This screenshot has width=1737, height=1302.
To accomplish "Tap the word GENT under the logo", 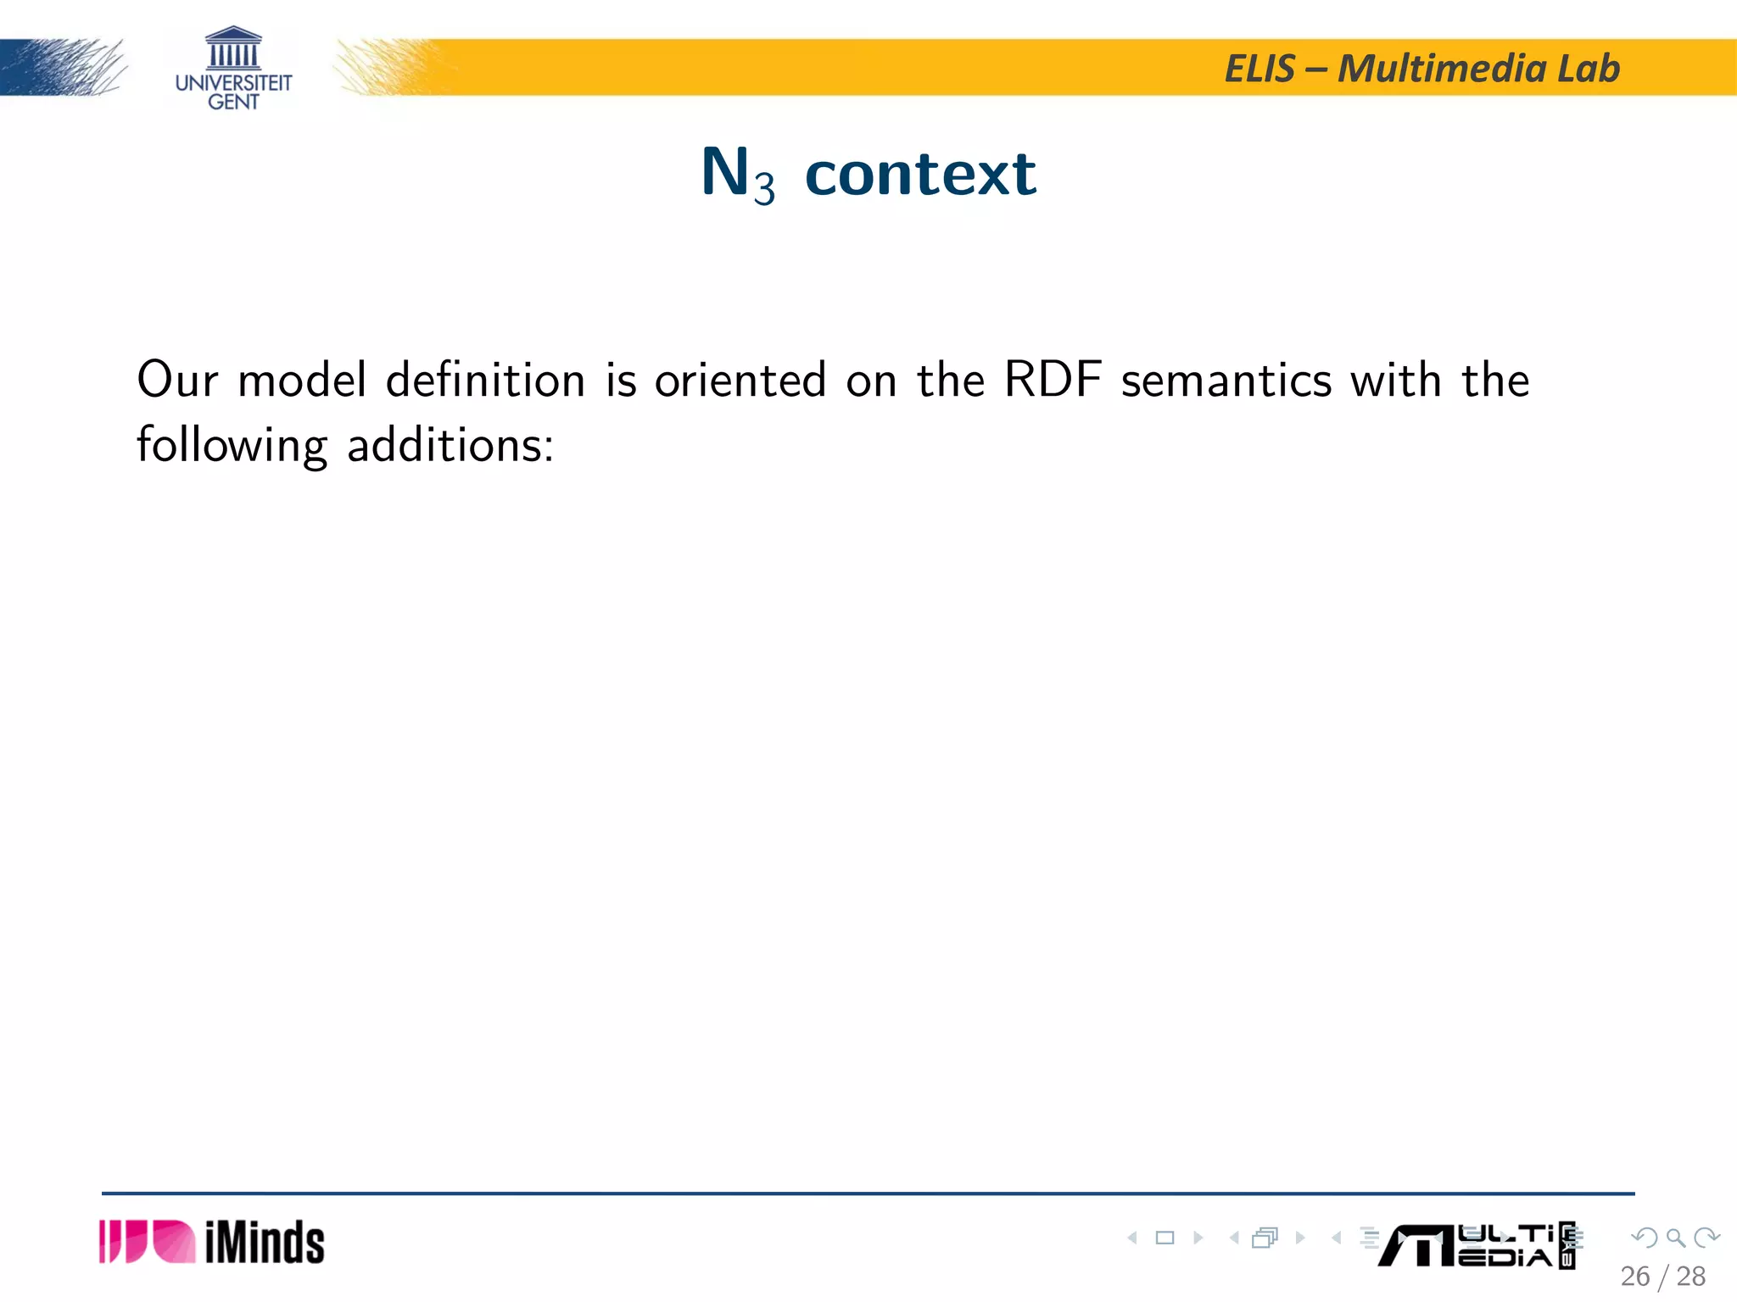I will point(233,102).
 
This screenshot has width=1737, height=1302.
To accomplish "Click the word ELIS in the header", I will point(1260,69).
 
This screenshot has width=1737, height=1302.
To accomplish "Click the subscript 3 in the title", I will point(764,188).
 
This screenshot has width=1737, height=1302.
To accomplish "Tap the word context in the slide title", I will point(920,174).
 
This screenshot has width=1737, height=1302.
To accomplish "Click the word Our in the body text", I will point(176,380).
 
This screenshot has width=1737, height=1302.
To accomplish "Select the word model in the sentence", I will point(302,380).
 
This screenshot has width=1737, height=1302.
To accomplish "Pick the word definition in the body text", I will point(485,380).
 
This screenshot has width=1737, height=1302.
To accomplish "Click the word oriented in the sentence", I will point(740,380).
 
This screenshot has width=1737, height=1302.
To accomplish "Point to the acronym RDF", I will point(1053,380).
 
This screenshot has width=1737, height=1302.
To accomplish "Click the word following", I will point(232,446).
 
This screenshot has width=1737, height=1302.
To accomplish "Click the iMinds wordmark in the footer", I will point(265,1244).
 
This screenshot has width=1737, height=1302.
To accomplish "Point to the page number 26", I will point(1634,1277).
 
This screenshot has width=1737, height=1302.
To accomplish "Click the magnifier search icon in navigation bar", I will point(1675,1238).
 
